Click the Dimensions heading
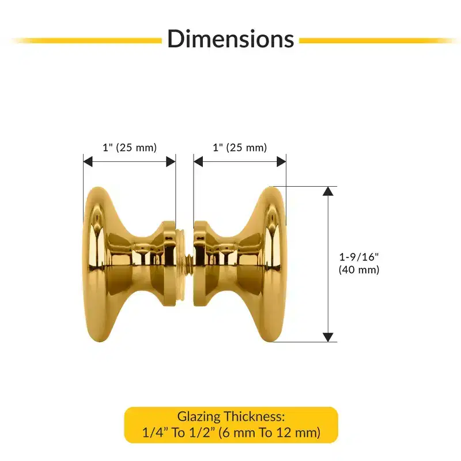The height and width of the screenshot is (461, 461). [x=231, y=39]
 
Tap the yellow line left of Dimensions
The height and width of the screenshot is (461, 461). [x=87, y=41]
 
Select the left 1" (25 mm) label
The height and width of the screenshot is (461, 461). [x=130, y=148]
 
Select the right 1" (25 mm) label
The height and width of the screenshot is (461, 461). [x=240, y=148]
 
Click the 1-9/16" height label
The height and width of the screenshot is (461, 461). [x=359, y=257]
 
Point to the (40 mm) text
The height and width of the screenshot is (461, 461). [x=359, y=270]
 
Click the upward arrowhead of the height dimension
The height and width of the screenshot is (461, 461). [x=328, y=191]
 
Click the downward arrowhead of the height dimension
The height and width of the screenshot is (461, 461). [x=328, y=337]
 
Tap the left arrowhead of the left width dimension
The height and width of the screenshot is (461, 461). [x=88, y=161]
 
